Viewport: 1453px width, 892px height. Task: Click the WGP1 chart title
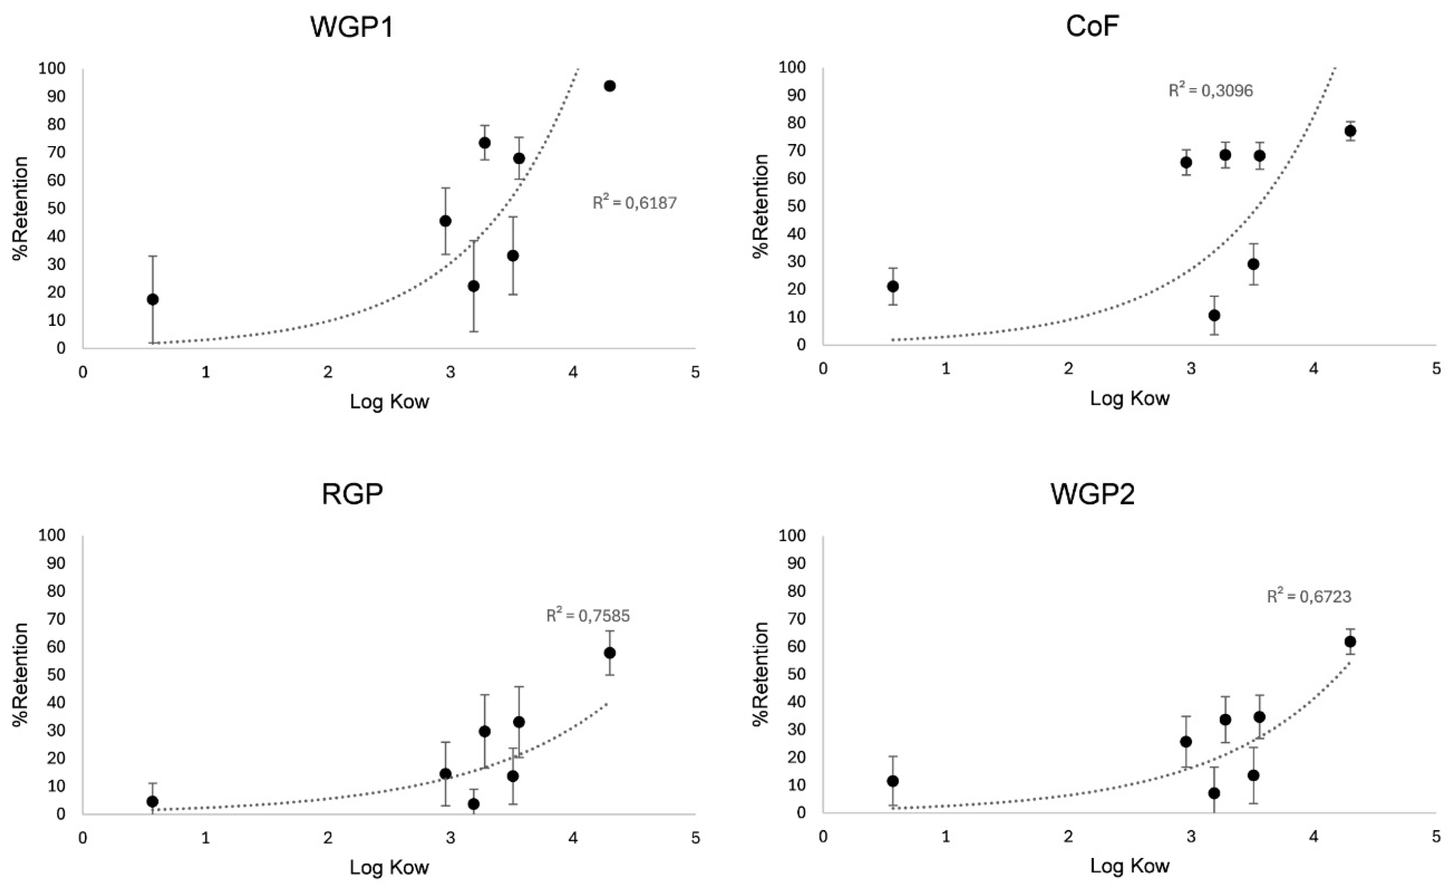(352, 28)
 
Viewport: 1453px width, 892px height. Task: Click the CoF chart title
(1092, 26)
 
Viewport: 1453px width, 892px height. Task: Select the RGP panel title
(352, 494)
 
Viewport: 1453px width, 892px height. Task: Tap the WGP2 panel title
(1092, 494)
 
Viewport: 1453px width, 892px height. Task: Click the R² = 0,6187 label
(635, 203)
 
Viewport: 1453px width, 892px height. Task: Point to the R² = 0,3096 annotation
(1210, 90)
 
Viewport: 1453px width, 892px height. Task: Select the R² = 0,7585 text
(588, 616)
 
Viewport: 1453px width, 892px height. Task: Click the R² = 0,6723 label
(1309, 596)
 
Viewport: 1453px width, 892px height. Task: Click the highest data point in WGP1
(610, 86)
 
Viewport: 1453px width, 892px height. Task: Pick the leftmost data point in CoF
(893, 286)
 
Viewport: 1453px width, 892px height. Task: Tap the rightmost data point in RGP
(610, 653)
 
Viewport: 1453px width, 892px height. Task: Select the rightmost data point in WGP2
(1351, 641)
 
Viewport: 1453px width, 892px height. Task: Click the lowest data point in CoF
(1215, 315)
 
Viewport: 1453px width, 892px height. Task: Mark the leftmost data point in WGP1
(153, 299)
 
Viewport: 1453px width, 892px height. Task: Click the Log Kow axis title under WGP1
(390, 402)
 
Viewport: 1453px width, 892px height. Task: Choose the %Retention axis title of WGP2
(762, 674)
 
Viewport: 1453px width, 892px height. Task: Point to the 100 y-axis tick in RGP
(52, 535)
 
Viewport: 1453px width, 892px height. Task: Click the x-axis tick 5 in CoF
(1437, 369)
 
